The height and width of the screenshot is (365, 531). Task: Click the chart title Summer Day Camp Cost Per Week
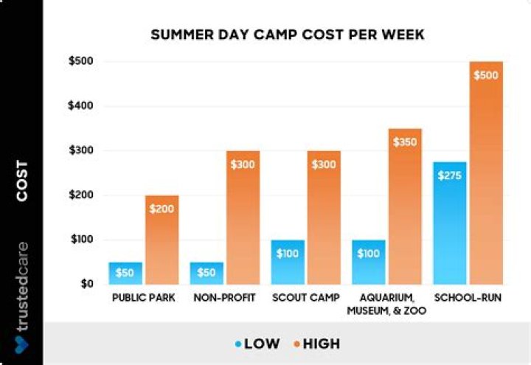(288, 35)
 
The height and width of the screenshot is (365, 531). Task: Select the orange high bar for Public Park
(162, 240)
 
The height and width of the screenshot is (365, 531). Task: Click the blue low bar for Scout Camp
(288, 262)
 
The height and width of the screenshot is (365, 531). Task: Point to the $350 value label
(404, 142)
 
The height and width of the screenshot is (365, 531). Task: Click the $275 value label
(450, 175)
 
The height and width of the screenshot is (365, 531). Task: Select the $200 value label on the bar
(162, 209)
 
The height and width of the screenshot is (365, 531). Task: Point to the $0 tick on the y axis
(86, 284)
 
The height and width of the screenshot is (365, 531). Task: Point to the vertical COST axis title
(22, 181)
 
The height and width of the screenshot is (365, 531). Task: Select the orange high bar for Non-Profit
(243, 218)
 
